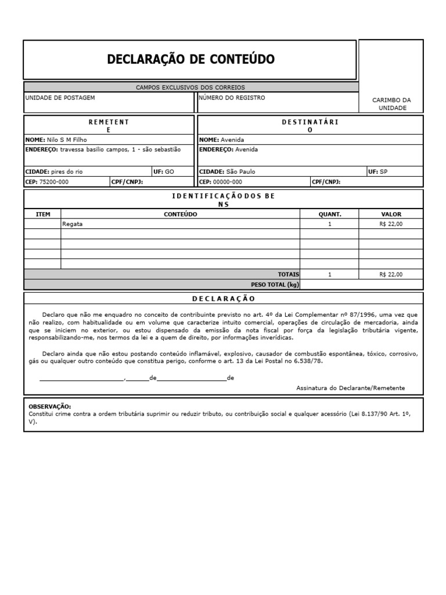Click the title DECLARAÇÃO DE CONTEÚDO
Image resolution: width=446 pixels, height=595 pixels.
[x=190, y=59]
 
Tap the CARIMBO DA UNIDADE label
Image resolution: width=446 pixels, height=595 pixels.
[x=391, y=104]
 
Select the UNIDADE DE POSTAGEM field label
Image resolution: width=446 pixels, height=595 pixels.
[x=60, y=98]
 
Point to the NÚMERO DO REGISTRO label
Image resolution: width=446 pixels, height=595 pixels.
[x=232, y=98]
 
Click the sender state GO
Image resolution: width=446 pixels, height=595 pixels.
[x=170, y=172]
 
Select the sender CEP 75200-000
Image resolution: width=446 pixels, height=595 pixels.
[x=54, y=181]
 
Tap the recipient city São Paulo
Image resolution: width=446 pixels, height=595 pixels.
[x=240, y=172]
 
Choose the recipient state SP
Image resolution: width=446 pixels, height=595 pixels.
[x=383, y=172]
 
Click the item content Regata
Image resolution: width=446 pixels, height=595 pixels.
[x=73, y=224]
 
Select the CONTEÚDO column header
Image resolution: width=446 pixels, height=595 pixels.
[x=180, y=214]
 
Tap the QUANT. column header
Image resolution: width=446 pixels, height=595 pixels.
[x=329, y=214]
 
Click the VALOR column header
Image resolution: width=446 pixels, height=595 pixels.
[x=391, y=214]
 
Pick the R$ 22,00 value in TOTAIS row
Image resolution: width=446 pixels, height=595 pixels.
[x=391, y=274]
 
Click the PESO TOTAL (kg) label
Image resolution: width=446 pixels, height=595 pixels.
[x=275, y=285]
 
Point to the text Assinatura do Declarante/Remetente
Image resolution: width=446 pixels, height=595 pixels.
[x=350, y=388]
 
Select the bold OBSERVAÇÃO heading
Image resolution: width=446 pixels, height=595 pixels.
[x=50, y=407]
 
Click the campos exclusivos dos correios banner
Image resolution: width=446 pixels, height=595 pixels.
[x=190, y=87]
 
